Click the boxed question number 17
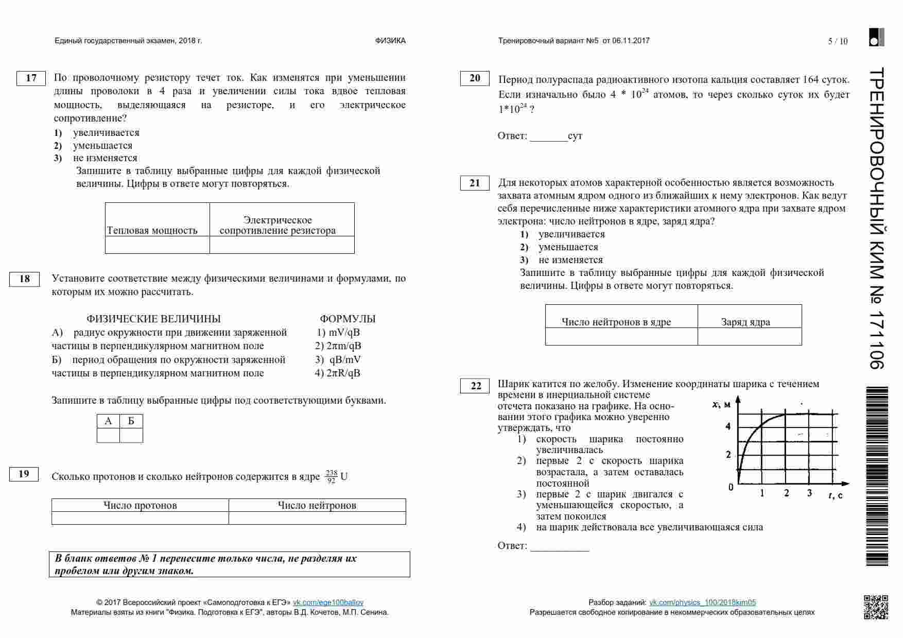(31, 78)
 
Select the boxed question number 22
(475, 386)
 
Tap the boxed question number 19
(24, 474)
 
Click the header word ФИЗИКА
(390, 41)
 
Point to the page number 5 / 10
(838, 41)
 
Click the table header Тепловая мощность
(152, 230)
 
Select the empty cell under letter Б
(131, 436)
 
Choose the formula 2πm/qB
(338, 346)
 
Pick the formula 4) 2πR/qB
(338, 373)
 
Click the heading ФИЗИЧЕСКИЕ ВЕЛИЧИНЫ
(153, 319)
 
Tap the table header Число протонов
(140, 505)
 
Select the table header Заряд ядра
(745, 322)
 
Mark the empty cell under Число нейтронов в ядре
(621, 337)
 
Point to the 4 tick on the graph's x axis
(728, 426)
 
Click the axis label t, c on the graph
(836, 495)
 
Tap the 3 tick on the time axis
(809, 493)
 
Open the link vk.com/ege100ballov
(328, 602)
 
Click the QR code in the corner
(876, 607)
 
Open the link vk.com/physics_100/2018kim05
(702, 602)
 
